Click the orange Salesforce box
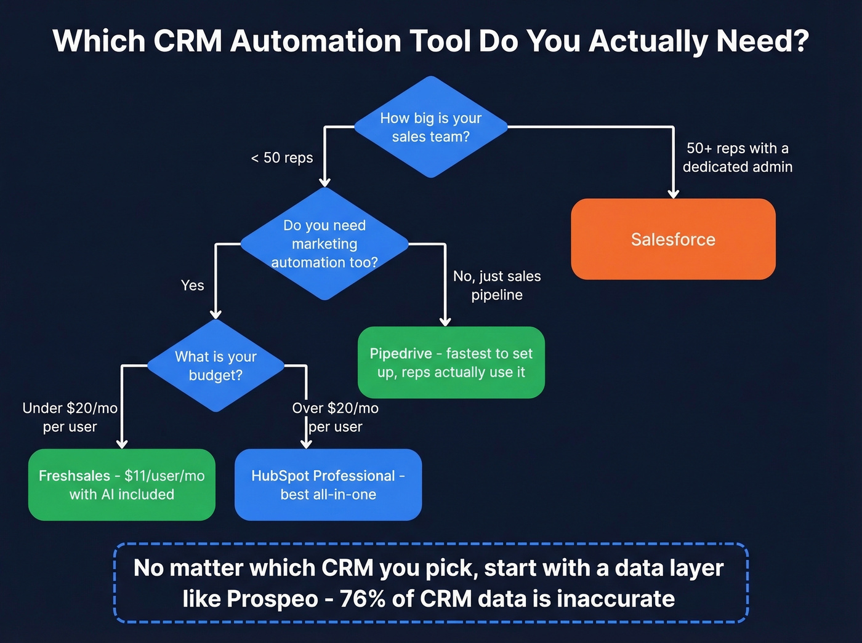click(x=673, y=239)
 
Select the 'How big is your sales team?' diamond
click(x=431, y=127)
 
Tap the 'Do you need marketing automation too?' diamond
click(x=324, y=244)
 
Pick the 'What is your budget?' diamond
click(x=216, y=365)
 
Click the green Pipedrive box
click(x=451, y=362)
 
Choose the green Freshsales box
click(x=122, y=485)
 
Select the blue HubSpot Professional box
click(x=328, y=485)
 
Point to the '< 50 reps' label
click(x=282, y=158)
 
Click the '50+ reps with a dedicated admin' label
click(x=738, y=158)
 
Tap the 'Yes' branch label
click(x=193, y=286)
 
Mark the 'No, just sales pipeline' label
click(x=497, y=286)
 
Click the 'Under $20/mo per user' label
click(x=70, y=417)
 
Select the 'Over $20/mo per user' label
click(x=336, y=417)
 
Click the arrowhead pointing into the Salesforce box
click(x=674, y=194)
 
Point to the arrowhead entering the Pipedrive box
click(x=445, y=322)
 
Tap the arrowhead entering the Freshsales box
click(x=122, y=444)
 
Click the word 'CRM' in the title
click(x=187, y=41)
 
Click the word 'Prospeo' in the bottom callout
click(x=272, y=599)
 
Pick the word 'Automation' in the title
click(x=315, y=41)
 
